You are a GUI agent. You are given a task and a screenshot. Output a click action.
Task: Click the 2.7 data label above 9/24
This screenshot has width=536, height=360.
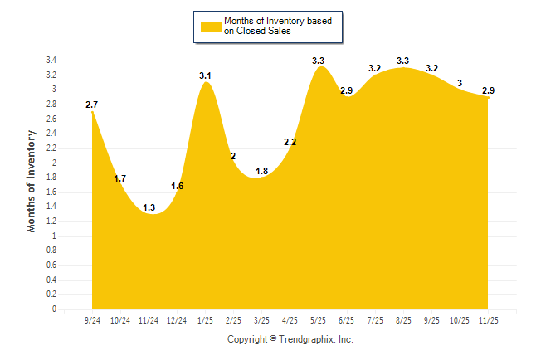92,105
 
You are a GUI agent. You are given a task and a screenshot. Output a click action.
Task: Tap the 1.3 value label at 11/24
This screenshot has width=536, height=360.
149,207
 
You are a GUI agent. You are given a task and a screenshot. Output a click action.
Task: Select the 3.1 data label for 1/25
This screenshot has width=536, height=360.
206,76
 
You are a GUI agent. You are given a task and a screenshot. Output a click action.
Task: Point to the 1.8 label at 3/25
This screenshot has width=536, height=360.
261,171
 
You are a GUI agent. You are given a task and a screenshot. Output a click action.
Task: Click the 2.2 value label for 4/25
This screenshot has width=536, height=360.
290,143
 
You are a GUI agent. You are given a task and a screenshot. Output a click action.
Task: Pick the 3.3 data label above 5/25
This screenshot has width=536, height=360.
318,61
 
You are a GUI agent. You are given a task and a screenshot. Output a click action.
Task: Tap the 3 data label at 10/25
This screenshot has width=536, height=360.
460,83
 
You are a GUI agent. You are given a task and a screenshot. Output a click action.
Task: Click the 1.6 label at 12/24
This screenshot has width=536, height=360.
177,186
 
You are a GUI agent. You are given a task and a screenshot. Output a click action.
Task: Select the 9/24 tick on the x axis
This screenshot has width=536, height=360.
92,319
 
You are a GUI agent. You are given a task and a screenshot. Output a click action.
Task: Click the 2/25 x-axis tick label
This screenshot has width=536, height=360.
233,319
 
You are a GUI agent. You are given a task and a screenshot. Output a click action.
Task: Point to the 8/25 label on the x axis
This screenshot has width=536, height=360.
403,319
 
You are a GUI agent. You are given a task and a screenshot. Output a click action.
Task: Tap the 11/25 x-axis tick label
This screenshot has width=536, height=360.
488,319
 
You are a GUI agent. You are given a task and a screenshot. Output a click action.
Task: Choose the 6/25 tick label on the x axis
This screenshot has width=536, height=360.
346,319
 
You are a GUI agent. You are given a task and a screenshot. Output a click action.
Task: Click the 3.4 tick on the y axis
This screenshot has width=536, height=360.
51,61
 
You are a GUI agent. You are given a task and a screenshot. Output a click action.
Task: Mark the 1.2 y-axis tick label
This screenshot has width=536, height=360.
51,221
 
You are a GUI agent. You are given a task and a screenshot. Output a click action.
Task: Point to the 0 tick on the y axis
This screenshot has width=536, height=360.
54,309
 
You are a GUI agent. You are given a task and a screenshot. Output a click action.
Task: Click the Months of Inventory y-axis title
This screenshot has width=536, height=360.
32,180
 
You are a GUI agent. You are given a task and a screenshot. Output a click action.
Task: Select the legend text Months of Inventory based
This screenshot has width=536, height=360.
277,21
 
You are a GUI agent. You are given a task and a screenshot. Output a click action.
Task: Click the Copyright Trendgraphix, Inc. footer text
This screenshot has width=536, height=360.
290,339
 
